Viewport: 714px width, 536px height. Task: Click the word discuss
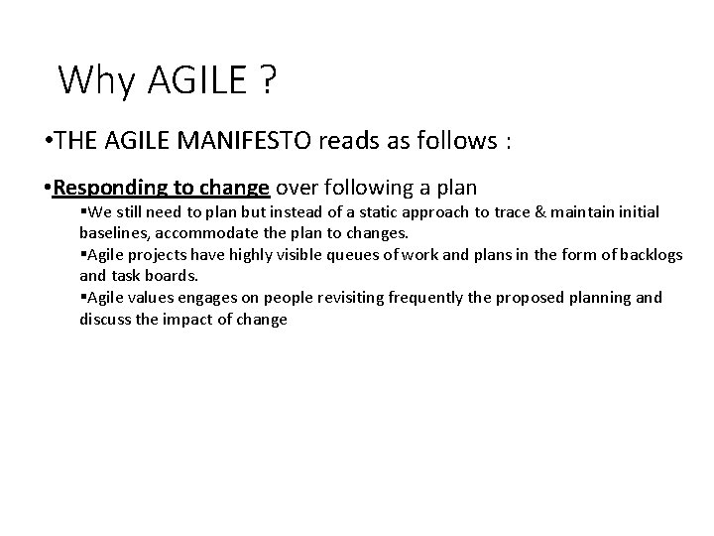tap(102, 319)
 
